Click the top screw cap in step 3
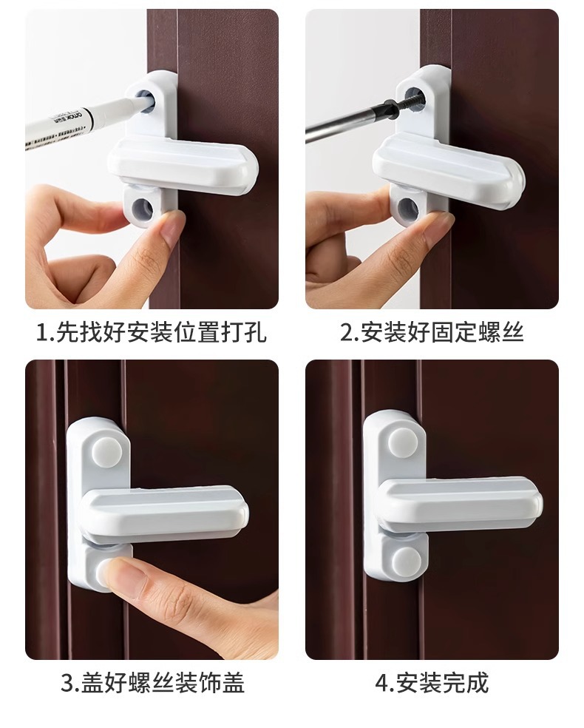(x=106, y=451)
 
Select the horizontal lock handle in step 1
(x=183, y=165)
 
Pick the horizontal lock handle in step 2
(x=449, y=170)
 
